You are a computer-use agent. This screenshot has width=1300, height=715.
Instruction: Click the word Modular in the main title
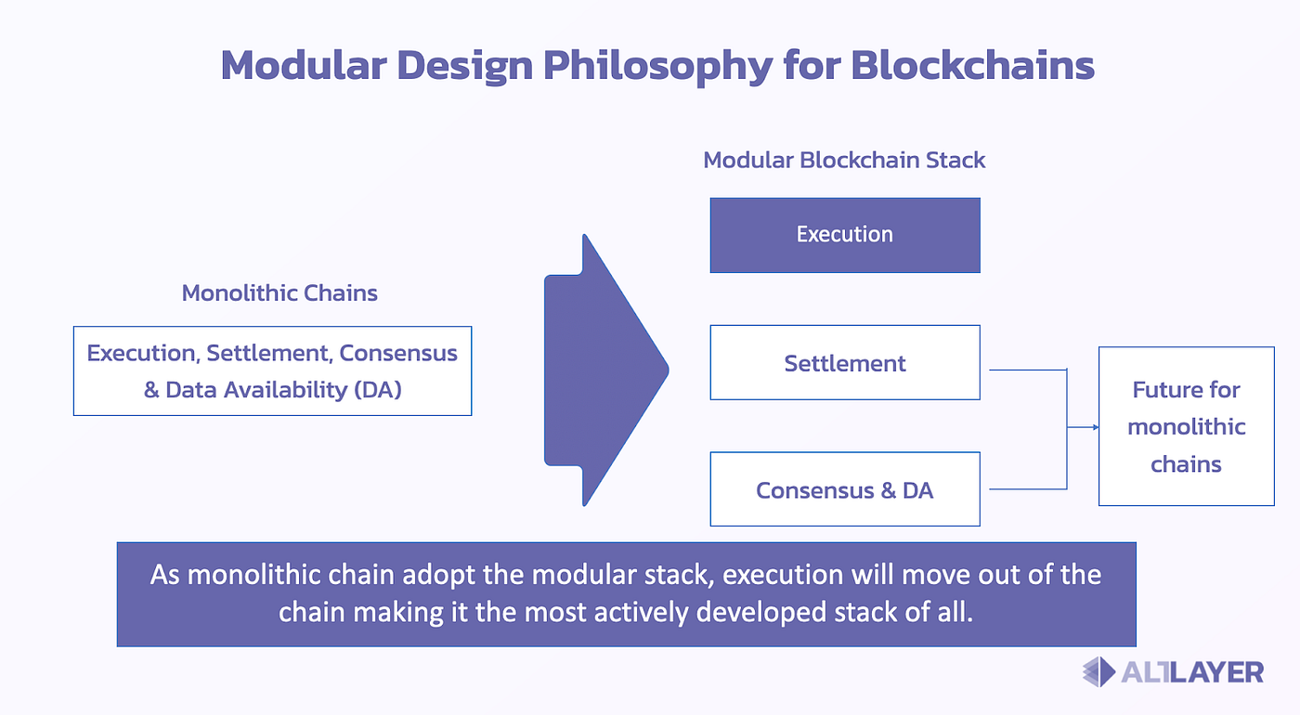click(x=304, y=65)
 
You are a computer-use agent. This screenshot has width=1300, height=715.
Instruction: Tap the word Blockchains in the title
click(x=973, y=65)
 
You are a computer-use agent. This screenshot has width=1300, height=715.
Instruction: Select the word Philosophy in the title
click(x=657, y=67)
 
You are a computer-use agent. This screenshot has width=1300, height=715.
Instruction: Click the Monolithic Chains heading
click(x=279, y=293)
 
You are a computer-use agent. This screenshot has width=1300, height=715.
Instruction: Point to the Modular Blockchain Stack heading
click(x=844, y=160)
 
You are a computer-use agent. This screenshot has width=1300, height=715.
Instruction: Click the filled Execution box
click(x=845, y=235)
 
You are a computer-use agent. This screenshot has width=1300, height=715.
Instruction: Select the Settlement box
click(x=845, y=363)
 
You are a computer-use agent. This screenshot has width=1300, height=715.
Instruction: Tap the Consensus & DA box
click(x=845, y=489)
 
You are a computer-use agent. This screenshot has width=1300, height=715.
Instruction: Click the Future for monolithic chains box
click(x=1187, y=426)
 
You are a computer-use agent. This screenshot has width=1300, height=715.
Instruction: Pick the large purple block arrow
click(x=606, y=370)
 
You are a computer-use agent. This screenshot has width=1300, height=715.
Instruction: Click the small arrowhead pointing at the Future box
click(x=1096, y=427)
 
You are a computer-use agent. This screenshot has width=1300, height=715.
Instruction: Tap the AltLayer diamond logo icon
click(x=1099, y=672)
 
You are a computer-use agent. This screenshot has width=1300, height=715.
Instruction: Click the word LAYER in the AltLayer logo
click(x=1217, y=672)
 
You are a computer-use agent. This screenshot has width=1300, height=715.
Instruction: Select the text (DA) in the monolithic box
click(x=378, y=389)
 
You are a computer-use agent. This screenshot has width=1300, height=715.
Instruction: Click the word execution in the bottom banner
click(x=782, y=575)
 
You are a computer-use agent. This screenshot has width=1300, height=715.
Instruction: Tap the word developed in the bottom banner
click(x=760, y=613)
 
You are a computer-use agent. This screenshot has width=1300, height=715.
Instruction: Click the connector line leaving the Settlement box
click(x=1028, y=370)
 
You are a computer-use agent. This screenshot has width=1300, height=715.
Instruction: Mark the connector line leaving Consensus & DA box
click(x=1028, y=489)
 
